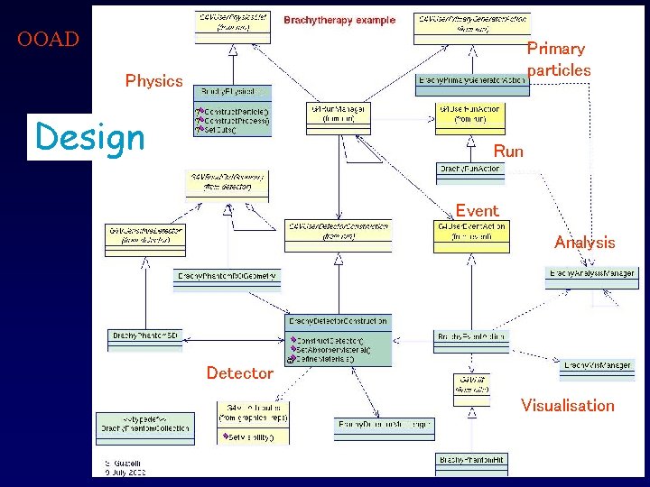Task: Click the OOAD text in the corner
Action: [48, 40]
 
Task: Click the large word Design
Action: [88, 138]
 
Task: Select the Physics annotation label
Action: [153, 81]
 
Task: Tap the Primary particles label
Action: [558, 60]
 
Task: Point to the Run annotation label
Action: [508, 152]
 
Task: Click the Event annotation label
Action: [477, 211]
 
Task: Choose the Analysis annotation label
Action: [584, 243]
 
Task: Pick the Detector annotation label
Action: [239, 373]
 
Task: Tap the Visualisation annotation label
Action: [567, 406]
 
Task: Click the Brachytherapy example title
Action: [339, 20]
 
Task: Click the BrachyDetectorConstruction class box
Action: [339, 321]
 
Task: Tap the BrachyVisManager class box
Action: [597, 365]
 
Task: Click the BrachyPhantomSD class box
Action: [146, 335]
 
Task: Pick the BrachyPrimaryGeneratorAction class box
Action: [472, 80]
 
